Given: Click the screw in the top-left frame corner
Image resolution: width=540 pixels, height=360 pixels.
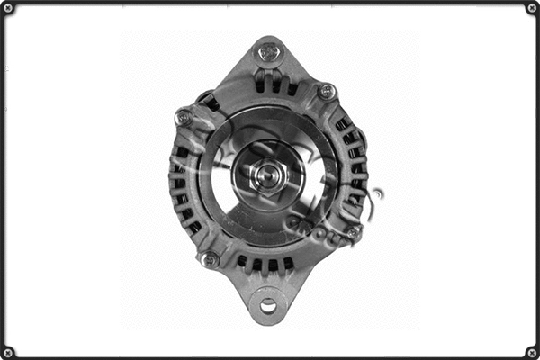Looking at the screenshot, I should [x=8, y=8].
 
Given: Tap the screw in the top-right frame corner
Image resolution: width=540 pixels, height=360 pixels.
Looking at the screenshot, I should [x=531, y=8].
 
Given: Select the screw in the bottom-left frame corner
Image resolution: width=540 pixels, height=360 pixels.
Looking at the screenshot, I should [x=8, y=351].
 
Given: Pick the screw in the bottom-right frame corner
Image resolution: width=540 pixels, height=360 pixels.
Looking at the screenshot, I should [x=531, y=351].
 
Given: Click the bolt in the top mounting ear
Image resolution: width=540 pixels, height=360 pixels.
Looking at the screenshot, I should [x=269, y=52].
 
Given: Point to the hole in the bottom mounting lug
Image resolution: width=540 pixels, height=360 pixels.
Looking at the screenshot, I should [x=268, y=306].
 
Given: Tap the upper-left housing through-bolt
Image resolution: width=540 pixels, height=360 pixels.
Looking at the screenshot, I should [x=184, y=116].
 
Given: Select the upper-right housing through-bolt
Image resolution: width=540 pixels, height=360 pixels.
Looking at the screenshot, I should [x=326, y=91].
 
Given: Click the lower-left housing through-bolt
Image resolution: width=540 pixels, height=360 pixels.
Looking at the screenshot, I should [x=210, y=259].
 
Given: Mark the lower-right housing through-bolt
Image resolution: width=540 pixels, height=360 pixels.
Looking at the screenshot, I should [x=353, y=232].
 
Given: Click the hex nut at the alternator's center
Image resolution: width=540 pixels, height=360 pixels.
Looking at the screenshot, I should [x=267, y=174].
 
